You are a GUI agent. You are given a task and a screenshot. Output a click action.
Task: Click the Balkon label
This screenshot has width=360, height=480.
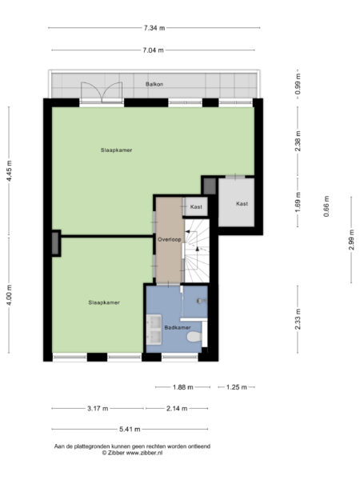coord(154,84)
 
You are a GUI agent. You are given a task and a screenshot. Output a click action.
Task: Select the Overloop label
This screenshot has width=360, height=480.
coord(169,239)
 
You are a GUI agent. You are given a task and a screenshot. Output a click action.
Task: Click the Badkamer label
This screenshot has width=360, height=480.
coord(177,328)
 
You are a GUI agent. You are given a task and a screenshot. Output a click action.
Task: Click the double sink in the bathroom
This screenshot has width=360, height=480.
coord(155,327)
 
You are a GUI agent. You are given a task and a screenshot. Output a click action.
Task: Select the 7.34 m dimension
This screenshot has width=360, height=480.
coord(154,28)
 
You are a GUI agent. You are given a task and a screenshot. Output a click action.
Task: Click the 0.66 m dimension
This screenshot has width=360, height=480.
coord(326,206)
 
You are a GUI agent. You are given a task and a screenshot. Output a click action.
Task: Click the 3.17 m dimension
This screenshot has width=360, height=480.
coord(98,409)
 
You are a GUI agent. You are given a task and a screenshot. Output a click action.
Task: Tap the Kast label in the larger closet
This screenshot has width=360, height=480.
coord(242,204)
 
